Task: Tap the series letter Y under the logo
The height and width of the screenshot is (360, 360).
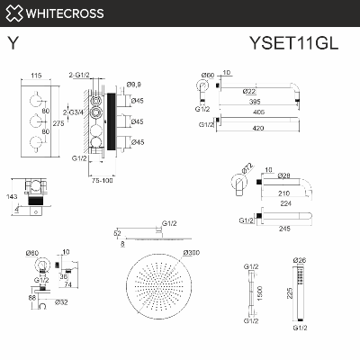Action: [12, 42]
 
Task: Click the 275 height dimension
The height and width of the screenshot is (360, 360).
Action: [58, 123]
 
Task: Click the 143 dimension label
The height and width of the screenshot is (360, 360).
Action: [12, 195]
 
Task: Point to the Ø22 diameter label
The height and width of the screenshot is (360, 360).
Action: [249, 91]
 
